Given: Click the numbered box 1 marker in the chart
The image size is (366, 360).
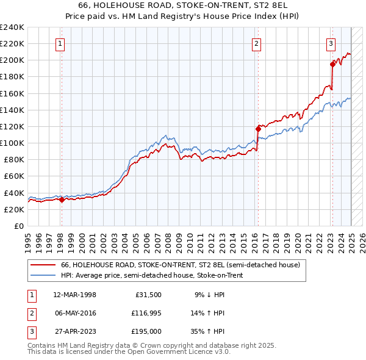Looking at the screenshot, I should point(61,43).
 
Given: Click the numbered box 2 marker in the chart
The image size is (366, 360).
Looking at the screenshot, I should point(257,43).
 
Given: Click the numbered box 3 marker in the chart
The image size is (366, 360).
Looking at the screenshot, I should point(331,43).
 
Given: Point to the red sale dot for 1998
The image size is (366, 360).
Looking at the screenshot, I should point(62,200).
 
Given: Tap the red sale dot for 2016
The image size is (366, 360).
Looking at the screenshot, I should point(257,129).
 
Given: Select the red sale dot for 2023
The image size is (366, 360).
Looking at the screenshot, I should point(332,63).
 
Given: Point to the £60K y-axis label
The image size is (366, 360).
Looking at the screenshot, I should point(13,176).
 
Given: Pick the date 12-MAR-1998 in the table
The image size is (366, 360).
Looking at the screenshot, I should point(75,295).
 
